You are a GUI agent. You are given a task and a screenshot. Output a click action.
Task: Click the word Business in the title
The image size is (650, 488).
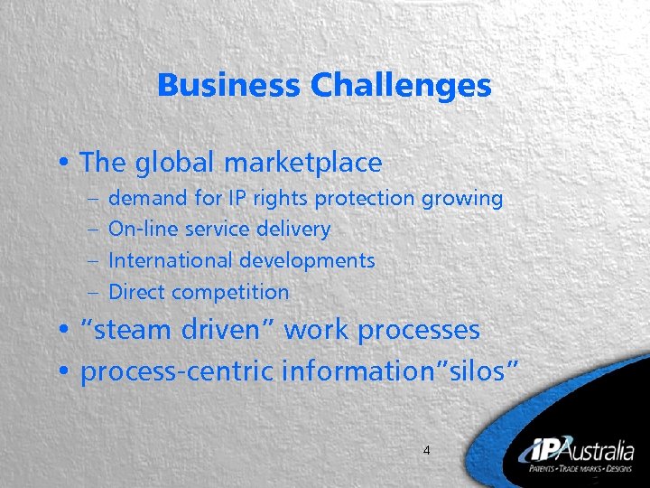tap(229, 86)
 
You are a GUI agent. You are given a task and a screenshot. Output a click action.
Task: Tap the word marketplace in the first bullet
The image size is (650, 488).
tap(302, 163)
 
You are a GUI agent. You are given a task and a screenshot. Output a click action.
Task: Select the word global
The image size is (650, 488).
tap(174, 163)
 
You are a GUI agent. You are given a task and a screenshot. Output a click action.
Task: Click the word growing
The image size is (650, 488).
tap(460, 198)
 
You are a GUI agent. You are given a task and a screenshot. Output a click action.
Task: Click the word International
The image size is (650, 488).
tap(171, 260)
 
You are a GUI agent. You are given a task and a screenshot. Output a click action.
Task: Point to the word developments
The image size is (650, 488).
tap(307, 260)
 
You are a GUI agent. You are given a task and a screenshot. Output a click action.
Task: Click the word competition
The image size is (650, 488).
tap(230, 292)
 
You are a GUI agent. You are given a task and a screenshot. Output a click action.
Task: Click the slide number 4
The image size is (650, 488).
tap(427, 449)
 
